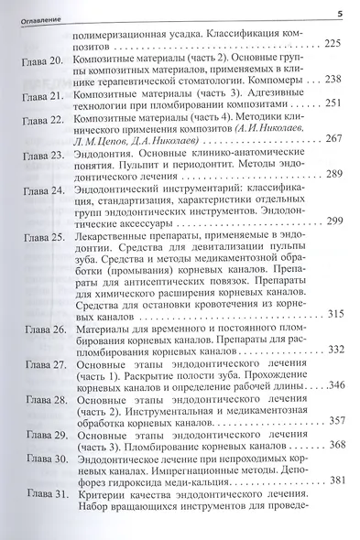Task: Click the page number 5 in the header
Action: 339,12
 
